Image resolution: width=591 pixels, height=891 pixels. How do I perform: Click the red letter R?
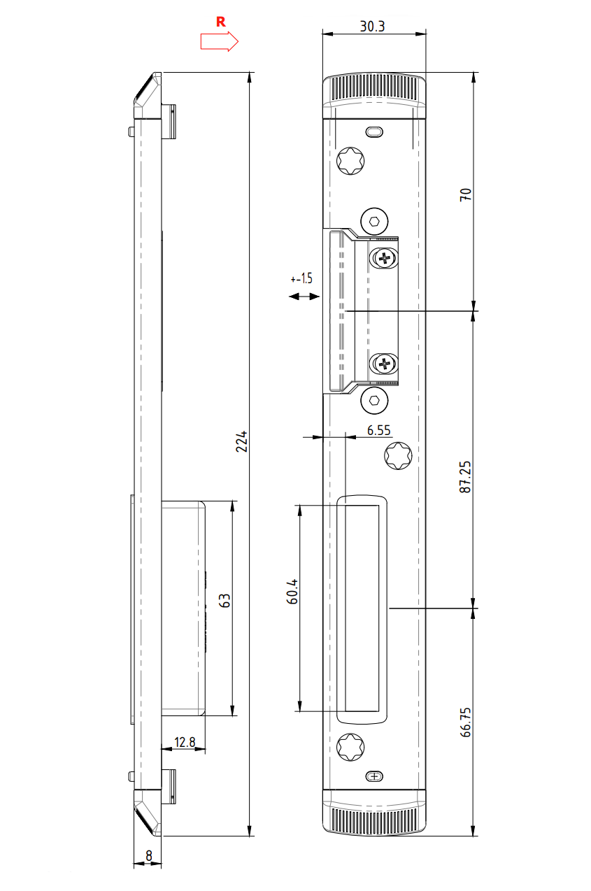pos(220,22)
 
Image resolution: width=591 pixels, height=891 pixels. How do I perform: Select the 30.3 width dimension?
pos(373,26)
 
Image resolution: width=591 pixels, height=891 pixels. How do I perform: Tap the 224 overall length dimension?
pos(242,441)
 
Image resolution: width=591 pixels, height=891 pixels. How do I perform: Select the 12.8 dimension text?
pos(185,741)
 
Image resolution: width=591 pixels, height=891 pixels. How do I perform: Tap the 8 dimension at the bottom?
pos(149,855)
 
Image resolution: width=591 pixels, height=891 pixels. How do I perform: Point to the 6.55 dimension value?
pos(378,431)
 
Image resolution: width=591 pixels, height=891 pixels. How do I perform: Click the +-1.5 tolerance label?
pos(301,278)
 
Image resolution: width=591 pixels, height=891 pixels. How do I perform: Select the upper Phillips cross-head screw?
pos(385,258)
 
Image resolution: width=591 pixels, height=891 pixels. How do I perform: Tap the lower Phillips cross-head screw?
pos(385,363)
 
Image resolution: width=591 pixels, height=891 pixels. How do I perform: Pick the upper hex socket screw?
pos(375,222)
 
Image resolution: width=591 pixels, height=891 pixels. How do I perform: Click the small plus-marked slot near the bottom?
pos(376,776)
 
